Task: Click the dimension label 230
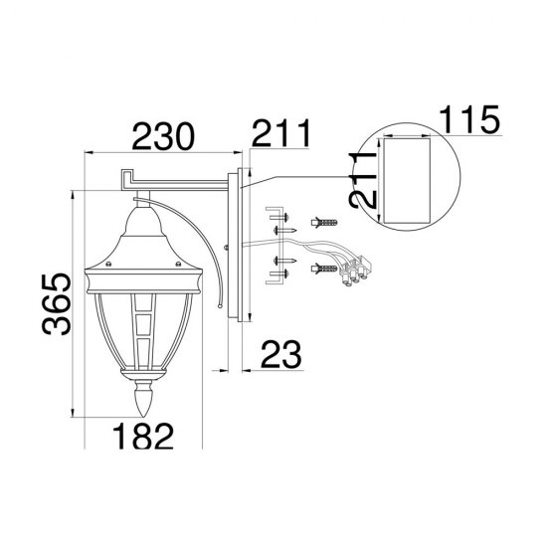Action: pos(162,136)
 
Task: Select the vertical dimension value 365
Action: pos(57,304)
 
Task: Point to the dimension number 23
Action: pos(280,354)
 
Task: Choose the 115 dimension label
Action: pos(469,119)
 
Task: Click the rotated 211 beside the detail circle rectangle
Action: pos(363,180)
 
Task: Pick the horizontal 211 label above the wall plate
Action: pos(281,133)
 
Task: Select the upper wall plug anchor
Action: pos(324,222)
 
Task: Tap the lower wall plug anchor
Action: pos(324,269)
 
